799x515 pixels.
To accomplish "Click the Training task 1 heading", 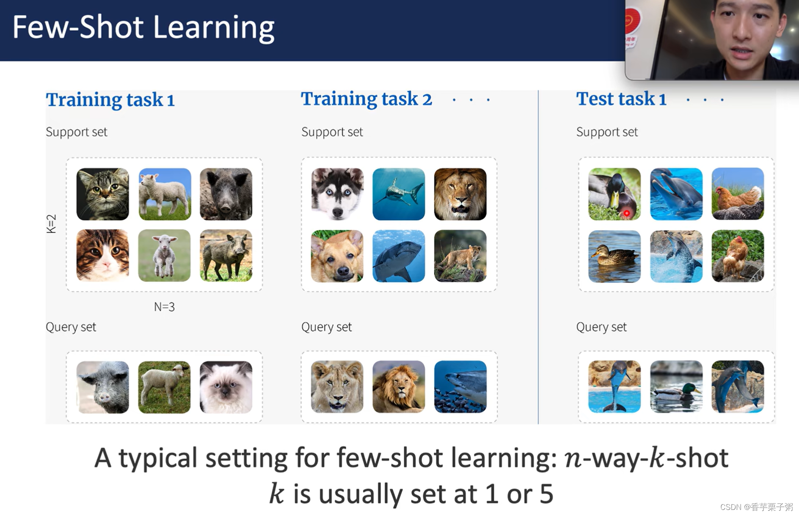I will click(x=110, y=100).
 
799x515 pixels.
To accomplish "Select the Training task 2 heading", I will click(x=366, y=99).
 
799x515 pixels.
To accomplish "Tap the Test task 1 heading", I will click(x=621, y=99).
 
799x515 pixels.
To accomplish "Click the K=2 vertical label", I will click(x=51, y=223).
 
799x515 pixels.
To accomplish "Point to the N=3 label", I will click(x=164, y=307).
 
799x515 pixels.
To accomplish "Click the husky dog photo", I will click(x=337, y=194).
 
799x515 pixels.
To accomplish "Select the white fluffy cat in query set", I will click(x=226, y=387).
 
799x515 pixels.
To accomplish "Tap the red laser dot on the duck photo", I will click(x=626, y=213).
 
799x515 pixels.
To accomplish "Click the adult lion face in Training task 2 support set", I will click(x=460, y=194).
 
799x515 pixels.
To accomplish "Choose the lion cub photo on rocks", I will click(x=460, y=256).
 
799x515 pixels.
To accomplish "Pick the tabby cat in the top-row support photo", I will click(x=103, y=194).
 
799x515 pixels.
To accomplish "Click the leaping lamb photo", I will click(x=164, y=256).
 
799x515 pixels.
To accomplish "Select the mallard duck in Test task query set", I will click(x=676, y=387).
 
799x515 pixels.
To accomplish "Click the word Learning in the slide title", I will click(x=213, y=28).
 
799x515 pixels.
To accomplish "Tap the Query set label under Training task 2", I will click(x=326, y=327).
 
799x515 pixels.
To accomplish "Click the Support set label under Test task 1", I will click(x=606, y=132).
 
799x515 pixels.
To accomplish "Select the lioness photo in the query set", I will click(x=337, y=387).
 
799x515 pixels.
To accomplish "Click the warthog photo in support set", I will click(x=226, y=256).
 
